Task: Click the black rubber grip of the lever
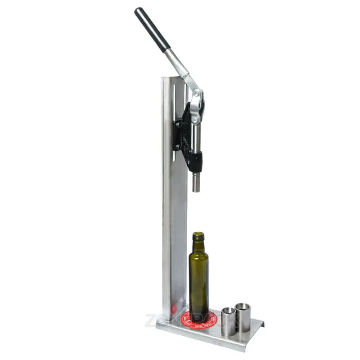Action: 152,29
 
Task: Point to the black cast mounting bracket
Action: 182,130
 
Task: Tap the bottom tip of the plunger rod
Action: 196,189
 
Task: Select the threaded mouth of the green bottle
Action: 198,236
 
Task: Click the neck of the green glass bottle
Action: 198,247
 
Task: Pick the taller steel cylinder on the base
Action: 243,317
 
